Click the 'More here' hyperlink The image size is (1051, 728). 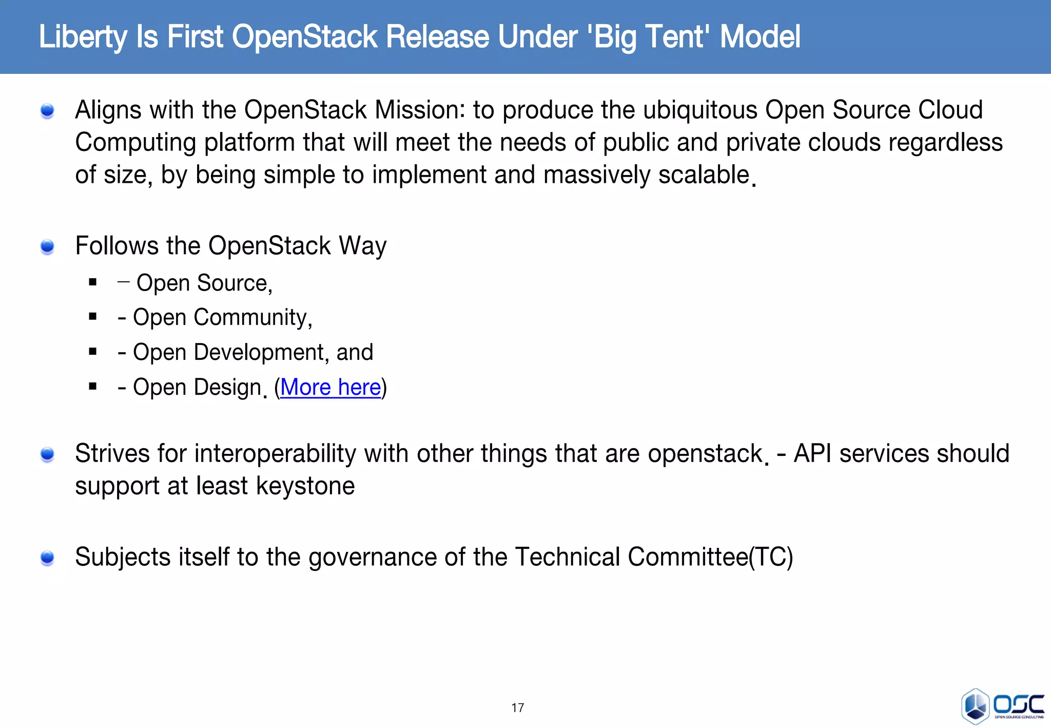pyautogui.click(x=330, y=387)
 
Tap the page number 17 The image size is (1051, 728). pyautogui.click(x=517, y=708)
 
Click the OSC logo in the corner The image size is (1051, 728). pyautogui.click(x=1002, y=706)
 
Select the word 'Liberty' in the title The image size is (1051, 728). pyautogui.click(x=83, y=37)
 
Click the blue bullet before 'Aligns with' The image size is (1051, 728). pyautogui.click(x=47, y=111)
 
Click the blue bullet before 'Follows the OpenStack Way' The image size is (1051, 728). pyautogui.click(x=47, y=247)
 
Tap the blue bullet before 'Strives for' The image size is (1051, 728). pyautogui.click(x=47, y=454)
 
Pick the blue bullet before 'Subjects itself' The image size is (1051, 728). pyautogui.click(x=47, y=558)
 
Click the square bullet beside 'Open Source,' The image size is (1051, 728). pyautogui.click(x=93, y=282)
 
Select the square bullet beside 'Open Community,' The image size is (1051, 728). pyautogui.click(x=93, y=317)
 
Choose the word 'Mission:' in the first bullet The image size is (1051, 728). pyautogui.click(x=419, y=110)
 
